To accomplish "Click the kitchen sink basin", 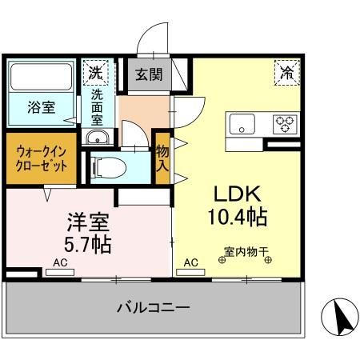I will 242,123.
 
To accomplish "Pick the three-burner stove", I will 284,123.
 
